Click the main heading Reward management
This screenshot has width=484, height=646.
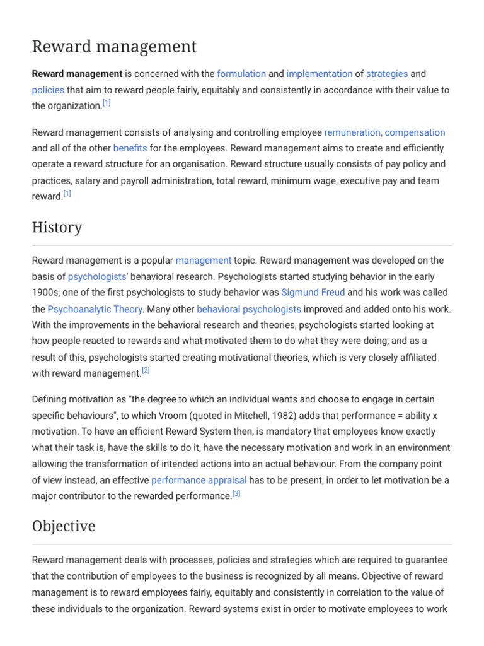(114, 47)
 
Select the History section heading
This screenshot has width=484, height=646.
(57, 227)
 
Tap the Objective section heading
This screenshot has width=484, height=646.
(64, 526)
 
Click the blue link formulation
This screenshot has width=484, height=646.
(241, 74)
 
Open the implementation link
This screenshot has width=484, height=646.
(319, 74)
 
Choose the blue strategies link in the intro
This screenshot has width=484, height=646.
(387, 74)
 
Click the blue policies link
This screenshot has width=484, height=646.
(48, 90)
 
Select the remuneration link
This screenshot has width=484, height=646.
(352, 132)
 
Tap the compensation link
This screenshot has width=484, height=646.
(415, 132)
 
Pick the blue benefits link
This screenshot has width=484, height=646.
(130, 148)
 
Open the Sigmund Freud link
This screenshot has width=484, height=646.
(313, 293)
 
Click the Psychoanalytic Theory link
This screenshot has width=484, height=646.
(96, 309)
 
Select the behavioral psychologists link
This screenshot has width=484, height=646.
(249, 309)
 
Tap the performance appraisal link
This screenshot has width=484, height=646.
(199, 480)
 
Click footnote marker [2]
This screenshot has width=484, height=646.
(146, 371)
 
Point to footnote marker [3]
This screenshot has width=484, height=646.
(236, 494)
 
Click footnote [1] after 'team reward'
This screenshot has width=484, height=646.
(67, 194)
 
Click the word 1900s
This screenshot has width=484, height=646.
(45, 293)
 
